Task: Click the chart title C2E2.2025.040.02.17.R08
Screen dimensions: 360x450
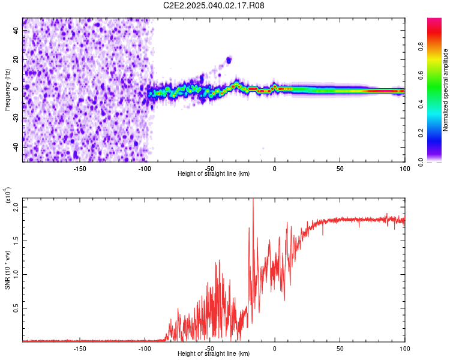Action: [214, 5]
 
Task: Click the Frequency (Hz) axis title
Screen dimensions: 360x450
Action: [7, 89]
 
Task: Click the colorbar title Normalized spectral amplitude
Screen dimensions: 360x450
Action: [446, 90]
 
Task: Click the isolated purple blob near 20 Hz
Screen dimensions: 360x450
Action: [229, 60]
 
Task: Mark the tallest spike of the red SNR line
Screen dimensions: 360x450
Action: [253, 199]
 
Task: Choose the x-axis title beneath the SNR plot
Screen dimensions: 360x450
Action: [214, 354]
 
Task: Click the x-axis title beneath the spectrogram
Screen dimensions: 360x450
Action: [214, 173]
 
